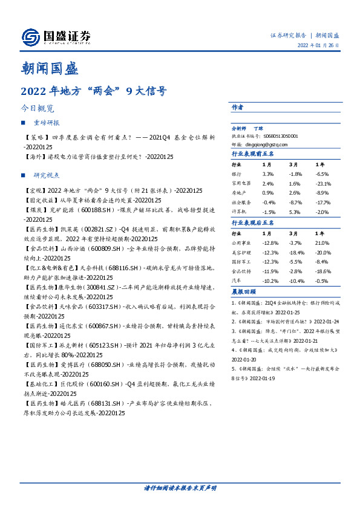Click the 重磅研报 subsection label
pos(47,123)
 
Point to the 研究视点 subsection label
pos(47,175)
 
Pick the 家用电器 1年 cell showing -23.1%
pos(322,183)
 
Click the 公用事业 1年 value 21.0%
pos(322,242)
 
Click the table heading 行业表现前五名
pos(253,154)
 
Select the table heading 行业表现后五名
pos(253,223)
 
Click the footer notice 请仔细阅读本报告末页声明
pos(180,488)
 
